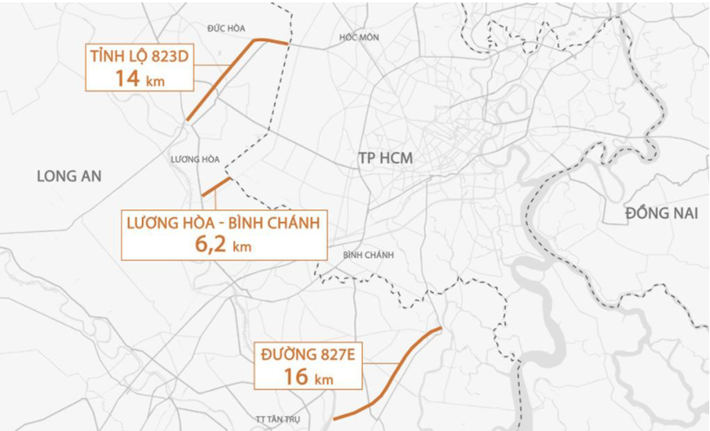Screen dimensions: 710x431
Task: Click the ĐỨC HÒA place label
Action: [x=226, y=28]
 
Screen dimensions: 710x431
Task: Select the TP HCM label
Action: [x=385, y=158]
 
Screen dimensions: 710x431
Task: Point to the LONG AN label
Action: [x=69, y=176]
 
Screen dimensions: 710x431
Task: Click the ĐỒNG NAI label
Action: [x=661, y=214]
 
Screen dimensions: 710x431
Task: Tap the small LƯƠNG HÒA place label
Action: [x=195, y=159]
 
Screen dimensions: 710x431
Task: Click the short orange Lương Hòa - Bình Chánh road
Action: [x=216, y=186]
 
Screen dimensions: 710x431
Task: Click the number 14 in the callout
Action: [x=128, y=78]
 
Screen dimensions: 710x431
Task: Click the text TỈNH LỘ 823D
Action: [x=139, y=57]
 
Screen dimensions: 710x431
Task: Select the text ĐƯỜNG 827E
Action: [x=308, y=355]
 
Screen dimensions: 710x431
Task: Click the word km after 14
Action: [x=156, y=81]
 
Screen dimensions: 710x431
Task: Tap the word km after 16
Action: [x=324, y=379]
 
